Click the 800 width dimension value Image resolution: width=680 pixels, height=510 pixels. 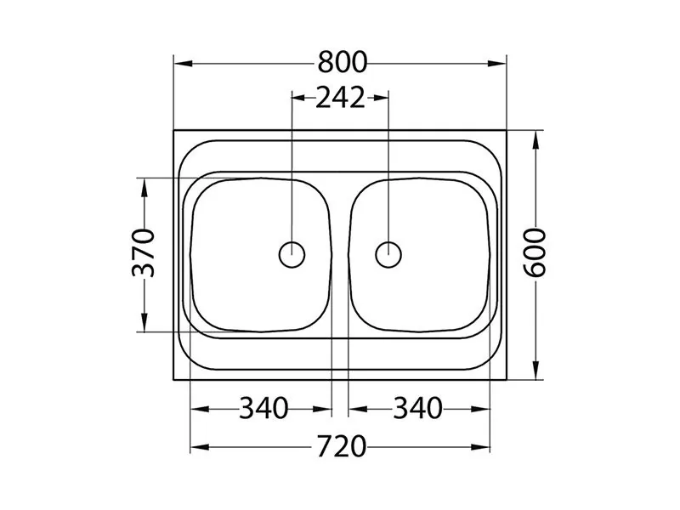pyautogui.click(x=343, y=62)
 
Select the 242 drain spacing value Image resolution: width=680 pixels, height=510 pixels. pyautogui.click(x=341, y=98)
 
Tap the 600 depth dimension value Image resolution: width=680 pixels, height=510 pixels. pyautogui.click(x=535, y=252)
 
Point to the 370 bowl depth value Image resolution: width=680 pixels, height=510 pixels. pyautogui.click(x=143, y=252)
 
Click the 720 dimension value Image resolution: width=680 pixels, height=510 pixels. pyautogui.click(x=342, y=447)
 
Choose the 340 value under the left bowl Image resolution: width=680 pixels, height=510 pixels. pyautogui.click(x=263, y=408)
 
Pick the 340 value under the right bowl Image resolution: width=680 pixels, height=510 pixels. pyautogui.click(x=417, y=408)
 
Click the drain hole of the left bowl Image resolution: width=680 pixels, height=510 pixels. pyautogui.click(x=292, y=254)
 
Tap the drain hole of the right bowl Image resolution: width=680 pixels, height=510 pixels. pyautogui.click(x=388, y=254)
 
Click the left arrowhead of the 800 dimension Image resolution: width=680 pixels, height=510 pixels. pyautogui.click(x=183, y=64)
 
